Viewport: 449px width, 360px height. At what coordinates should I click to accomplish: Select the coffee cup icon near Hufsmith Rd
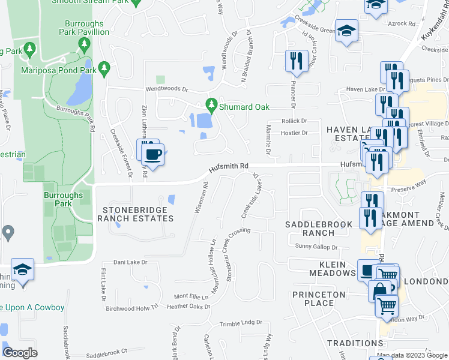pos(154,155)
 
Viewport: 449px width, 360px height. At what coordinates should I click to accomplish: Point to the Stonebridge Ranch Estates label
pos(138,214)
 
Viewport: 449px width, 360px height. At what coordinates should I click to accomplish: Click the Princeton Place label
pos(319,299)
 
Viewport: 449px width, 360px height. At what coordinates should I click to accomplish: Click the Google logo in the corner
pos(20,352)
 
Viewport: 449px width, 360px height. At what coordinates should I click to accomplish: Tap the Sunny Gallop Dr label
pos(316,247)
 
